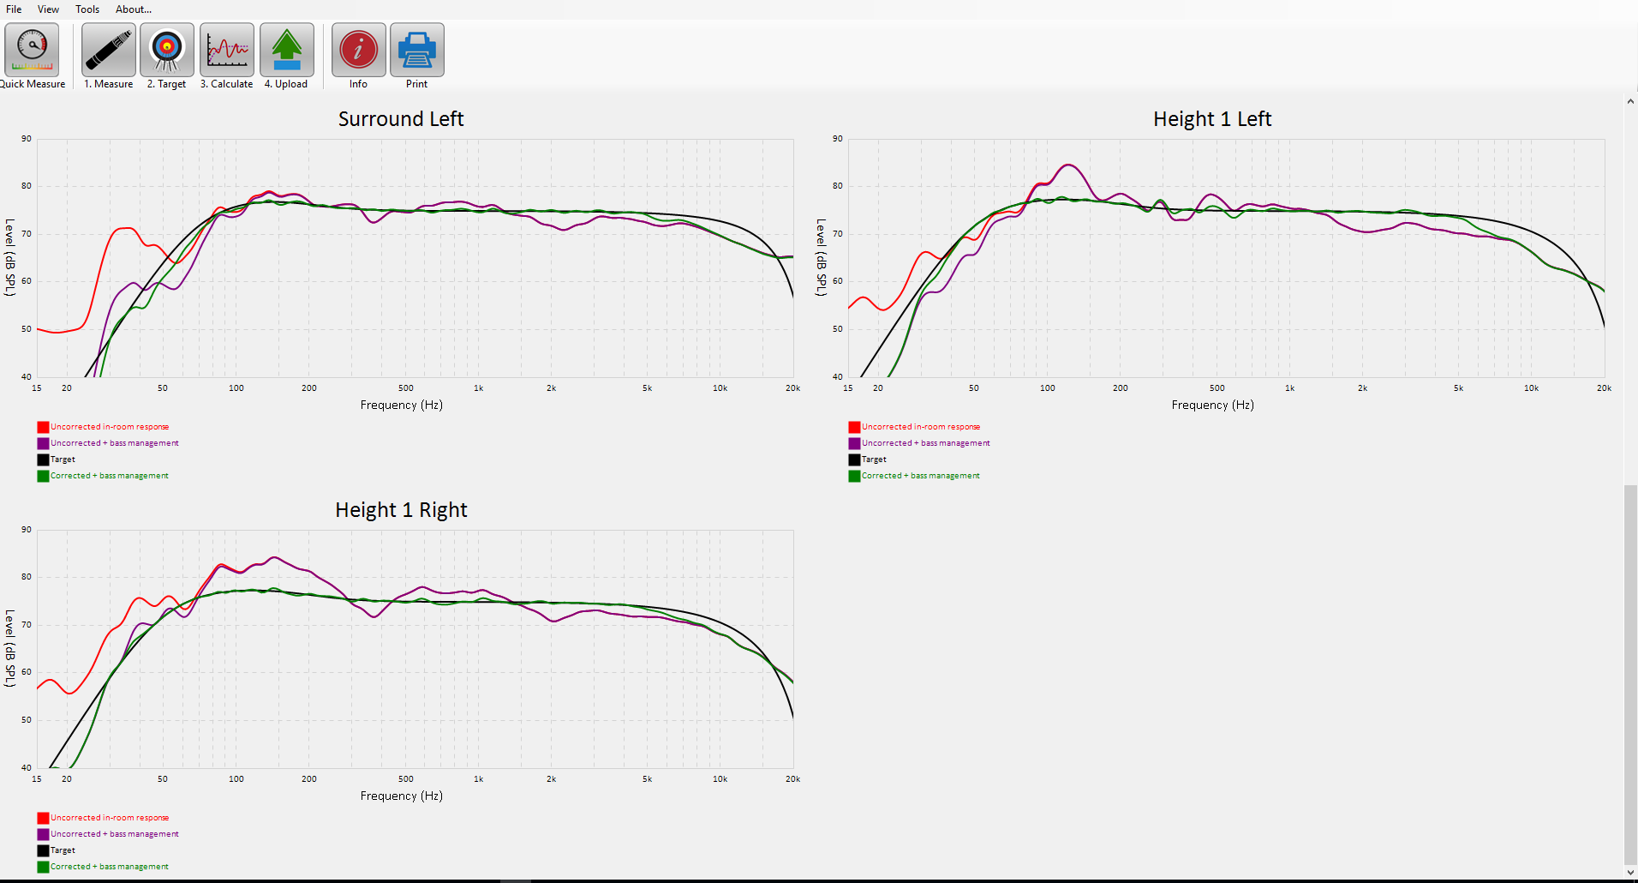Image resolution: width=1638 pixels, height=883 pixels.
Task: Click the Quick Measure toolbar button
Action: tap(32, 51)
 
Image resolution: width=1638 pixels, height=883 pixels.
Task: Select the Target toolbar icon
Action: tap(167, 51)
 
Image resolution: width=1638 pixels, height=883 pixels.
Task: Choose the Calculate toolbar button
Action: tap(227, 51)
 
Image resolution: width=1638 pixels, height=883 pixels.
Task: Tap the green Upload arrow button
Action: tap(286, 51)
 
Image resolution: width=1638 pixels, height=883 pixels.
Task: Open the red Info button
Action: tap(358, 51)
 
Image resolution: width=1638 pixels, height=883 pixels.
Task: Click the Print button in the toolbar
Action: tap(416, 51)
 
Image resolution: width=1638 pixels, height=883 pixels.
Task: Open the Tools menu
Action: tap(87, 9)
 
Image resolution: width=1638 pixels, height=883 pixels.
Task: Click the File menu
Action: tap(14, 9)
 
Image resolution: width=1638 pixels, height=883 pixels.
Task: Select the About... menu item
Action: tap(134, 9)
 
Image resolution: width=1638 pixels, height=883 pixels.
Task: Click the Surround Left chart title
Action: tap(401, 119)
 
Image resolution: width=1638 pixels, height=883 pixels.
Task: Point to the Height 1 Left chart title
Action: tap(1212, 119)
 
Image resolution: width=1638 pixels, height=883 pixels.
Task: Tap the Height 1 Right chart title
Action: tap(401, 510)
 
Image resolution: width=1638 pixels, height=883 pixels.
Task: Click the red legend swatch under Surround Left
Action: tap(43, 427)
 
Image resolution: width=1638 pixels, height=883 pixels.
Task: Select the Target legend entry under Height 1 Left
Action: tap(874, 460)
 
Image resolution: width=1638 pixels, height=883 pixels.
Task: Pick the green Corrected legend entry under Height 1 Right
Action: tap(109, 867)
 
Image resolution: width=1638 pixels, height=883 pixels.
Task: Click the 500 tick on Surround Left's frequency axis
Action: tap(406, 388)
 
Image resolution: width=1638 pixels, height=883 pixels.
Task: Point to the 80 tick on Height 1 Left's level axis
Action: tap(837, 186)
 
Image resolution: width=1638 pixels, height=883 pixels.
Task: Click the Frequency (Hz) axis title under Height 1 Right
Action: tap(401, 796)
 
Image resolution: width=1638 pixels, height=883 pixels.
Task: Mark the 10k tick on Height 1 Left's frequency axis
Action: tap(1531, 388)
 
